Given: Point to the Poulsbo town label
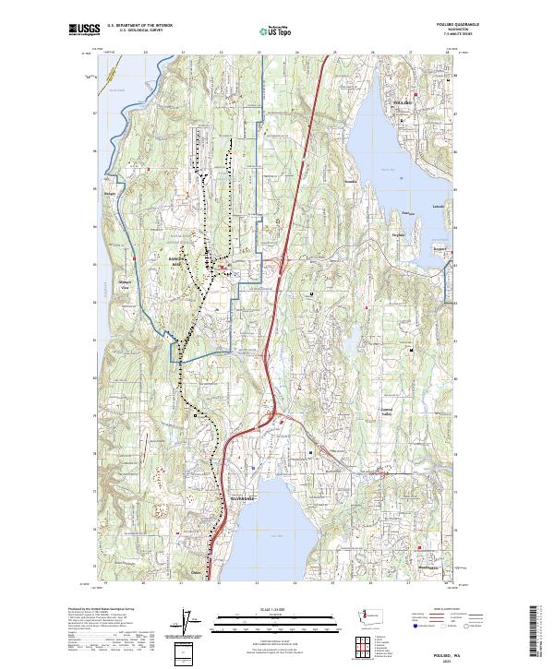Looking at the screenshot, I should [x=404, y=100].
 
